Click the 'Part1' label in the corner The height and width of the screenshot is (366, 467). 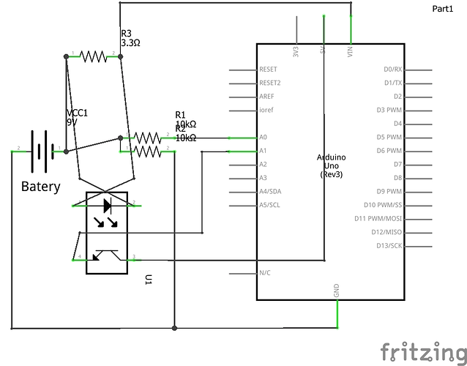[444, 8]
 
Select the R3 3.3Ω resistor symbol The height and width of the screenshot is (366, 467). [94, 56]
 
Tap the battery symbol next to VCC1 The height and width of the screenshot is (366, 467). [42, 152]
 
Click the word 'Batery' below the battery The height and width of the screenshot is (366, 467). [41, 187]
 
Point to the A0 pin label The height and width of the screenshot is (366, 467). [264, 138]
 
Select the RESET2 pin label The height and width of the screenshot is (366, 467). [270, 83]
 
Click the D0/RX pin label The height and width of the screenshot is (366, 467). [392, 70]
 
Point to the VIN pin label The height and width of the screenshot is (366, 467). [351, 53]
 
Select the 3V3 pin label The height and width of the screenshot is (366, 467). [296, 53]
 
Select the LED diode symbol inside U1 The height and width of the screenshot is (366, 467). [107, 204]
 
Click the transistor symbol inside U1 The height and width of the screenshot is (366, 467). [107, 256]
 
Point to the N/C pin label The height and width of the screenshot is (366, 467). [266, 273]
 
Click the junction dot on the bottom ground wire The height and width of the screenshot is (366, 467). [174, 327]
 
